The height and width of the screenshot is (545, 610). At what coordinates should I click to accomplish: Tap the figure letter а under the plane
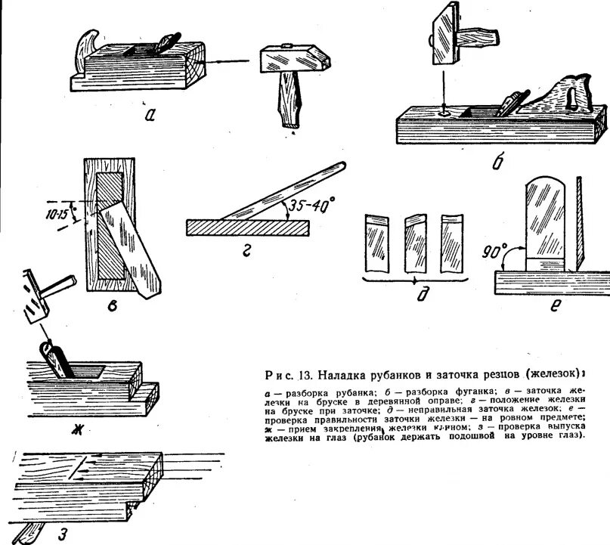(150, 115)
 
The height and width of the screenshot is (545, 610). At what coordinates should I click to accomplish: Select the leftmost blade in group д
(376, 243)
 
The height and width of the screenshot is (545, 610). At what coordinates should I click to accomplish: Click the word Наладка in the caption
(344, 374)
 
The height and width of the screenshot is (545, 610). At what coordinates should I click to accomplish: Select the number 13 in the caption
(305, 374)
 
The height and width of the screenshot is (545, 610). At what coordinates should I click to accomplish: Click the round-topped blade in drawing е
(547, 219)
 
